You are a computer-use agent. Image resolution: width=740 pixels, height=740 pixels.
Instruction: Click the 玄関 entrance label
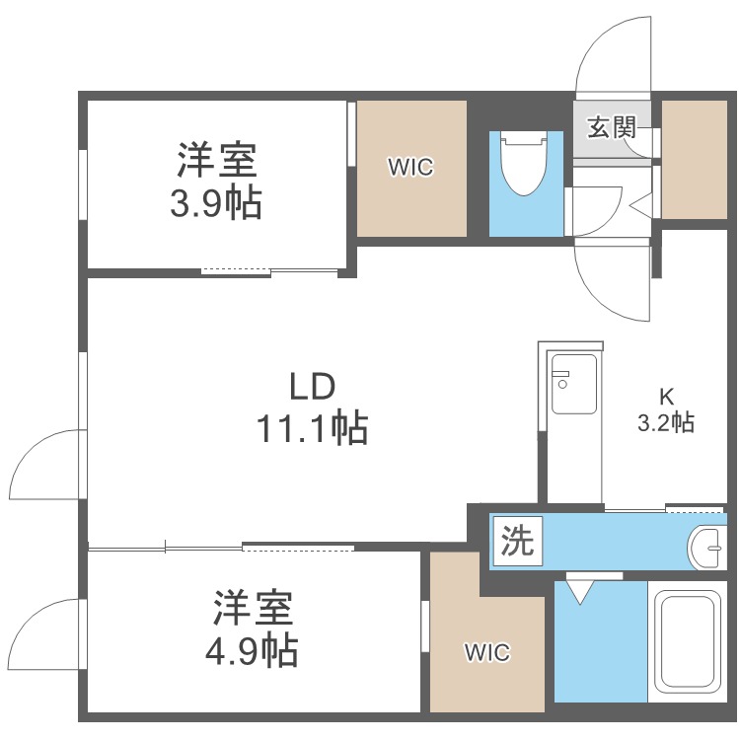point(612,127)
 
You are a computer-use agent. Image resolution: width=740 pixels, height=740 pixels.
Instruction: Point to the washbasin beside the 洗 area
point(706,545)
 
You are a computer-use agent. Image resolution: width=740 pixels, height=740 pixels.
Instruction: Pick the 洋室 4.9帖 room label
point(254,628)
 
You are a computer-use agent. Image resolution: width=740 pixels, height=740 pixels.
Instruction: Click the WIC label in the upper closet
point(409,168)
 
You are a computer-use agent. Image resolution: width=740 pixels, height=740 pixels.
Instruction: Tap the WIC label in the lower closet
point(486,652)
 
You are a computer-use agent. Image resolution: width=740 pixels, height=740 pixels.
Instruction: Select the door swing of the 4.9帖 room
point(44,631)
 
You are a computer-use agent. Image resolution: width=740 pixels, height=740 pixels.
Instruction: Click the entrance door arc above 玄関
point(613,54)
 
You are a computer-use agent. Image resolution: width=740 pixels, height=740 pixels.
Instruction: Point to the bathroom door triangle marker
point(579,592)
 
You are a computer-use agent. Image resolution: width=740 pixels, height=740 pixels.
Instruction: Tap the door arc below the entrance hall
point(612,281)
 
